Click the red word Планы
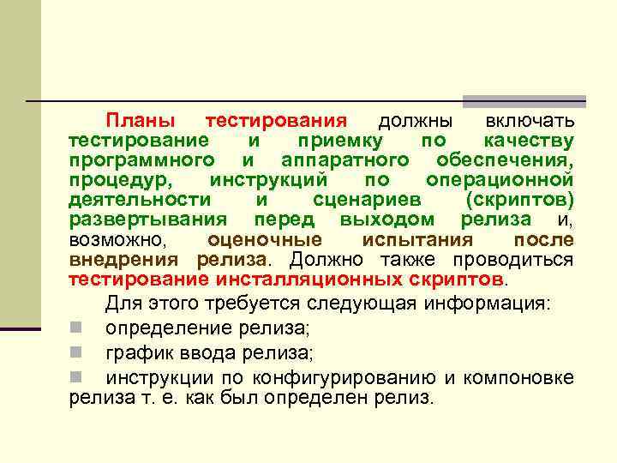(x=141, y=122)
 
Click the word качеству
(x=528, y=141)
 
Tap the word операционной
(x=500, y=180)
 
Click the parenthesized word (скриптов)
(x=519, y=199)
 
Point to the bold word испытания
(x=417, y=239)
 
